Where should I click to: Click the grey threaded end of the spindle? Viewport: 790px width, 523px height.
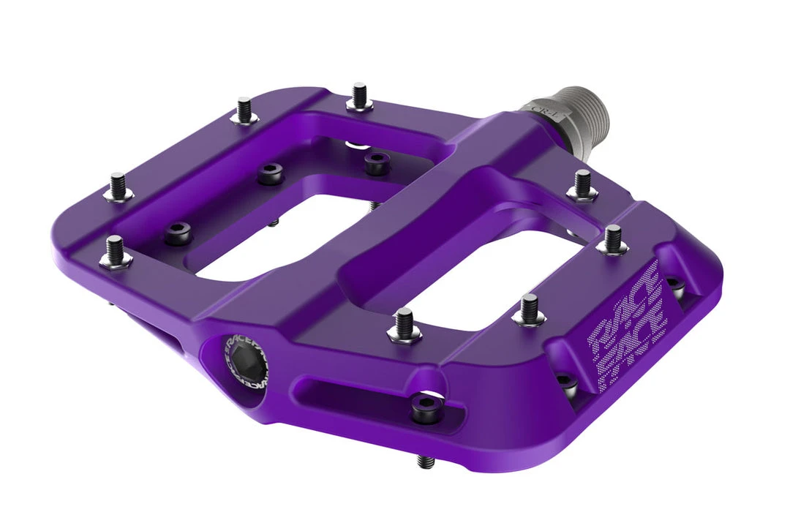point(585,106)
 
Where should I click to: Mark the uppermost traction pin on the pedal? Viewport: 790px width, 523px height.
point(359,96)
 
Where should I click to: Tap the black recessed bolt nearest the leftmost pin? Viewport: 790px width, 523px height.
point(178,233)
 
